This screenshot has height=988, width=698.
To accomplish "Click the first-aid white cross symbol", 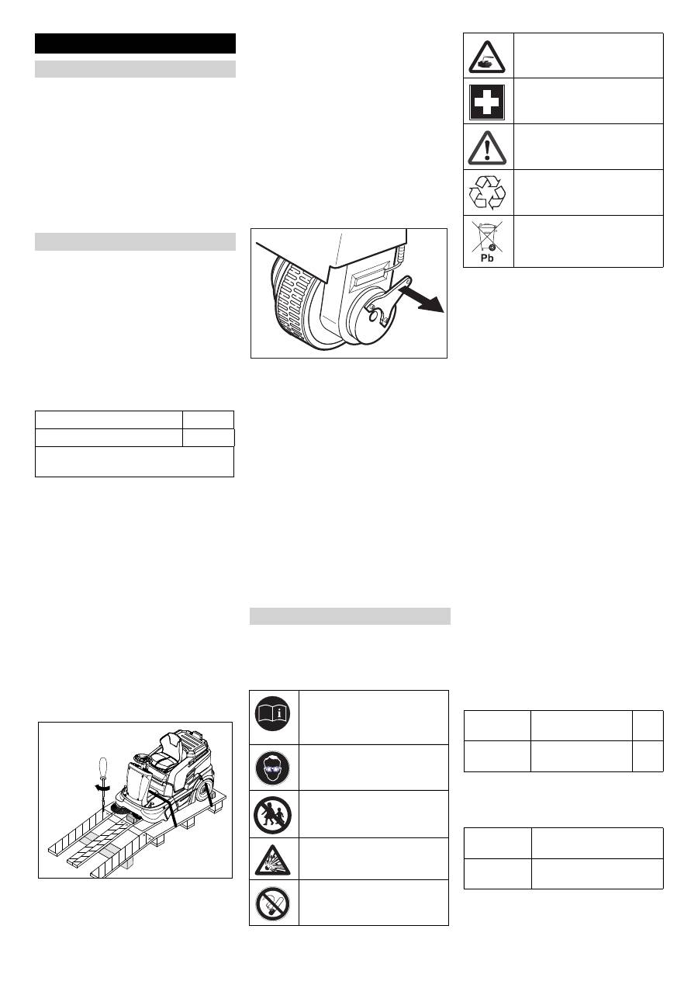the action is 487,102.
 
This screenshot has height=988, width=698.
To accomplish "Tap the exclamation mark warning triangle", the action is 487,147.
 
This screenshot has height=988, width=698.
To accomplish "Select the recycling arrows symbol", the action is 487,192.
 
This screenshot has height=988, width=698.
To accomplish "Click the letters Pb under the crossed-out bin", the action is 487,258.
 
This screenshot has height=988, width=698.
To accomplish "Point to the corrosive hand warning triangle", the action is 487,57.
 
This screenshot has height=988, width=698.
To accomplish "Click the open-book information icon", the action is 273,713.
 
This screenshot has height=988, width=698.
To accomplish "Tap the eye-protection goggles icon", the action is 273,768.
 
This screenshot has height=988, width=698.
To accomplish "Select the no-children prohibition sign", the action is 273,815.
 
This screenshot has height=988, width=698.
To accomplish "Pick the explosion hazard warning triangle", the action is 273,861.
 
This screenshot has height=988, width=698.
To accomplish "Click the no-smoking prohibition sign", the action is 273,903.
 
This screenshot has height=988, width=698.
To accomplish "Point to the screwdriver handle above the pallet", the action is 103,770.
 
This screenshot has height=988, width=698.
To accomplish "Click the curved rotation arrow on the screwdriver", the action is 102,787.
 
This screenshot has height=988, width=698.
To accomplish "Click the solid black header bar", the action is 135,43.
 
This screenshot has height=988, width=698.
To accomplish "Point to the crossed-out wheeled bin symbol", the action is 487,237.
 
